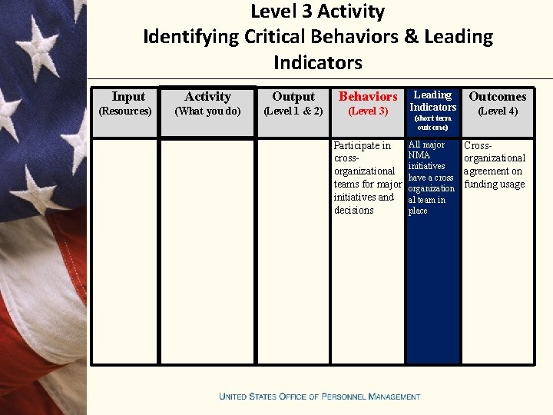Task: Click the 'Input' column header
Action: point(127,97)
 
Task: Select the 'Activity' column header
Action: point(207,97)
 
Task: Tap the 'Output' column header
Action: point(293,97)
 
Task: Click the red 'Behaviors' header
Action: point(368,97)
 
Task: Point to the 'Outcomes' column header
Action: point(498,97)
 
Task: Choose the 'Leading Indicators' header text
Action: point(432,101)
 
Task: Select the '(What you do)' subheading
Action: point(207,111)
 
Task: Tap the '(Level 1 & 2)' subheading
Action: point(293,111)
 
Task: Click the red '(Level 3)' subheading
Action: point(368,111)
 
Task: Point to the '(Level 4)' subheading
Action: point(498,111)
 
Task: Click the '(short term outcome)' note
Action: point(432,123)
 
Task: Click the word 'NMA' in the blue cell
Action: point(419,155)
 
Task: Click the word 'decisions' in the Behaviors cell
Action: point(354,211)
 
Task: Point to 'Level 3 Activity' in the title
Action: point(317,12)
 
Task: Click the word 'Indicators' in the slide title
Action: point(317,62)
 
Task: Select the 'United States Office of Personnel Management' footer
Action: point(320,397)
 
